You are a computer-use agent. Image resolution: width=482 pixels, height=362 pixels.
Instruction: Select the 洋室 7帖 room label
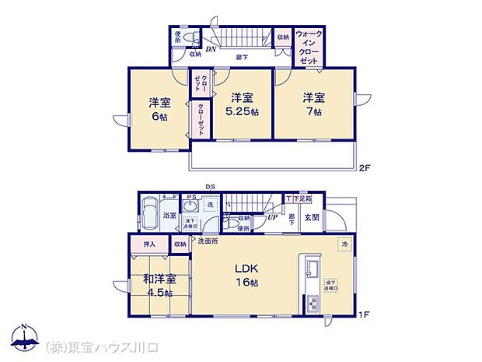click(x=313, y=104)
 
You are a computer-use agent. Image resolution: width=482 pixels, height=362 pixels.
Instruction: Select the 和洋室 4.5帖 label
click(x=159, y=286)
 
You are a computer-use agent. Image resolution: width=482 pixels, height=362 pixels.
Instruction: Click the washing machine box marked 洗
click(x=208, y=204)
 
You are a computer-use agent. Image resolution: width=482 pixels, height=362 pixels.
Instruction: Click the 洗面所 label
click(x=207, y=242)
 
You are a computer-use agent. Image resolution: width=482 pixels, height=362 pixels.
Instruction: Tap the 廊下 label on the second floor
click(x=243, y=56)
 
